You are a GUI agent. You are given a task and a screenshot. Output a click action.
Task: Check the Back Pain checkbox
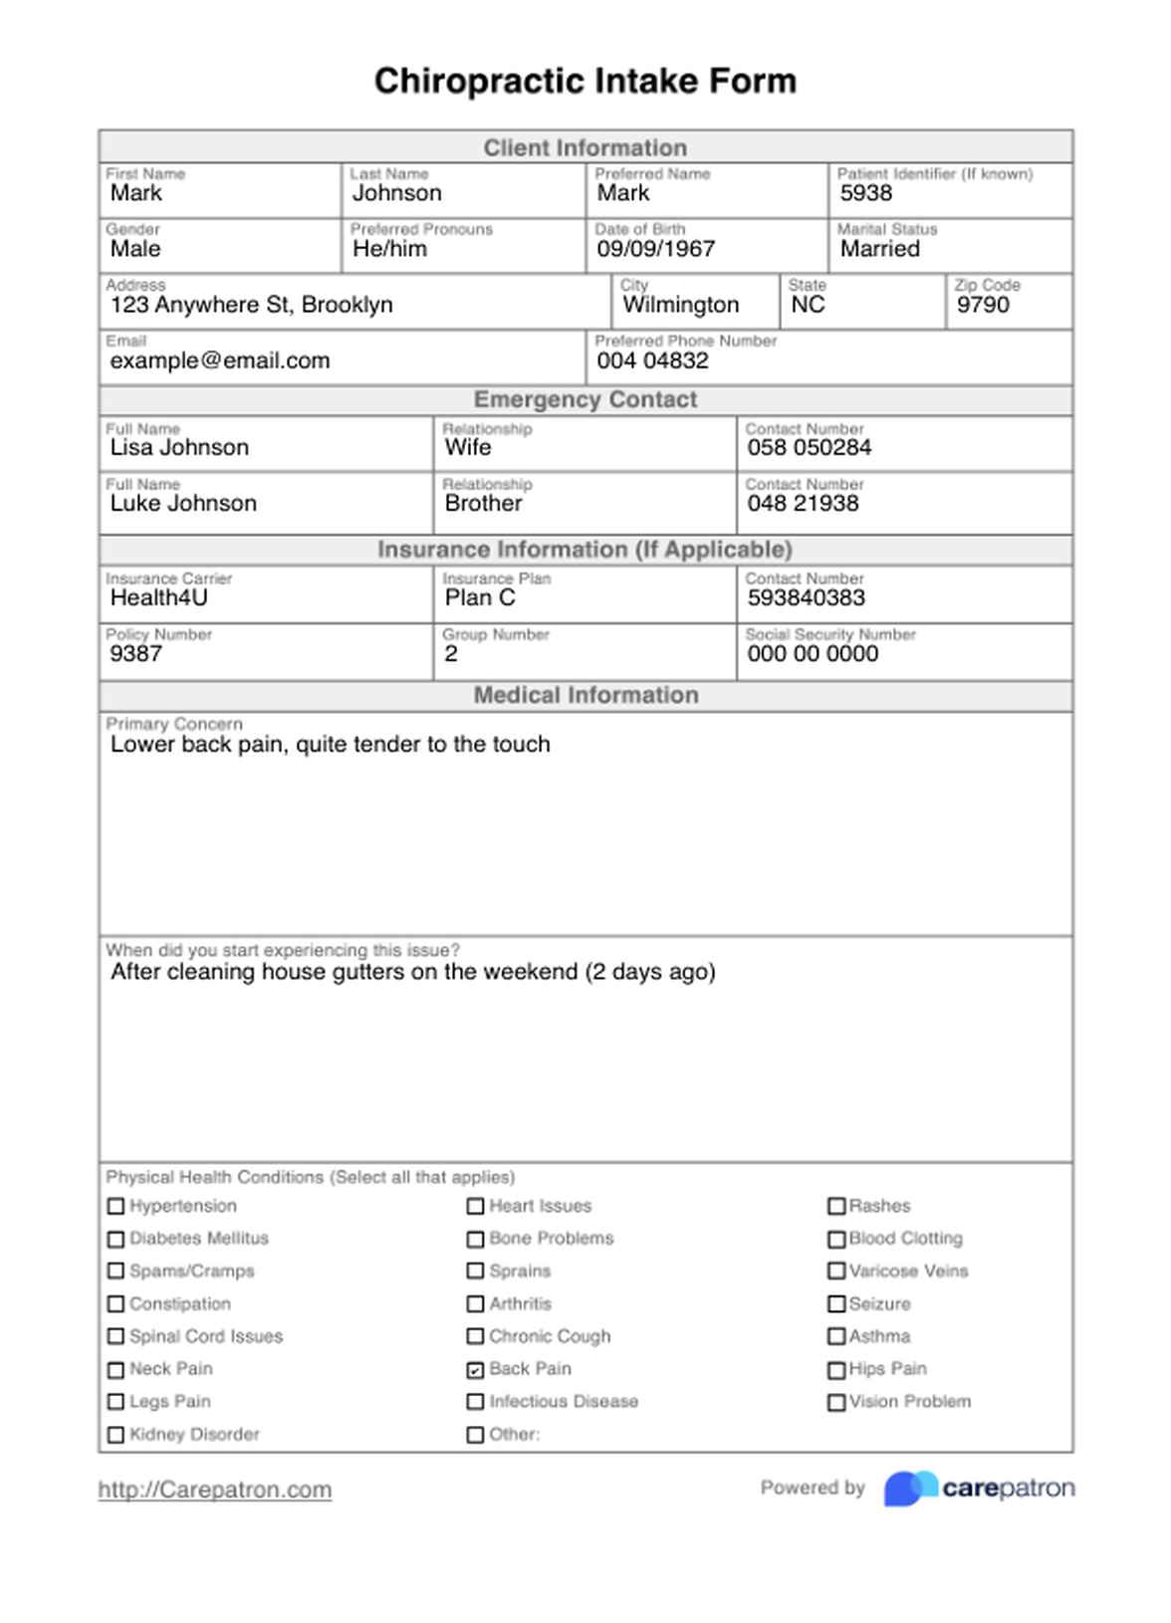[x=475, y=1369]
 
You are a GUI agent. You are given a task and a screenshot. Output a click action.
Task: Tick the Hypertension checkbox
[x=116, y=1206]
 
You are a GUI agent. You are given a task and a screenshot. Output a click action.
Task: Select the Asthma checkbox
[x=836, y=1336]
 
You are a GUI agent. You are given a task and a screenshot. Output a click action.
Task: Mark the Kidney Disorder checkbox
[x=116, y=1435]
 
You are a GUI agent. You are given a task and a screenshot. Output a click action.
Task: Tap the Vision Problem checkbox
[x=836, y=1402]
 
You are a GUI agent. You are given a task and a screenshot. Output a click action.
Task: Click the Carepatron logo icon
[x=910, y=1489]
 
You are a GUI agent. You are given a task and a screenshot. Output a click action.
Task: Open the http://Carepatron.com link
[x=215, y=1490]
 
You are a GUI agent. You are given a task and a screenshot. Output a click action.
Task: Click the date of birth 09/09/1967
[x=655, y=249]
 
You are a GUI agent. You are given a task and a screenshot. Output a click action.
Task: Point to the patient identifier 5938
[x=865, y=193]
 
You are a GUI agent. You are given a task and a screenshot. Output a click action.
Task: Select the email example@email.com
[x=220, y=360]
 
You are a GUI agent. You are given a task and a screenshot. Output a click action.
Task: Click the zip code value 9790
[x=982, y=305]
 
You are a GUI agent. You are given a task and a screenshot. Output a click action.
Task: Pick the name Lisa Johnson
[x=179, y=447]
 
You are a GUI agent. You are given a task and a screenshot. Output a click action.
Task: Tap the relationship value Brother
[x=483, y=503]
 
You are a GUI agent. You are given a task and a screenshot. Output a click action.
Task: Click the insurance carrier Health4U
[x=159, y=597]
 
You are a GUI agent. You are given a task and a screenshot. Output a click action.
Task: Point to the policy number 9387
[x=136, y=653]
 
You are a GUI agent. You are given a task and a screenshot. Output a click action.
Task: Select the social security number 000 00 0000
[x=813, y=653]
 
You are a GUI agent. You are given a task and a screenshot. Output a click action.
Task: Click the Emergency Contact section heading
[x=585, y=399]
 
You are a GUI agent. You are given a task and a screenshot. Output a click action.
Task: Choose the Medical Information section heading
[x=585, y=695]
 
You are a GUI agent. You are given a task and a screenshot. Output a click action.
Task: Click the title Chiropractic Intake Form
[x=585, y=81]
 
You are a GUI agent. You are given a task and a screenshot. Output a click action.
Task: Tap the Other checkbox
[x=475, y=1435]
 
